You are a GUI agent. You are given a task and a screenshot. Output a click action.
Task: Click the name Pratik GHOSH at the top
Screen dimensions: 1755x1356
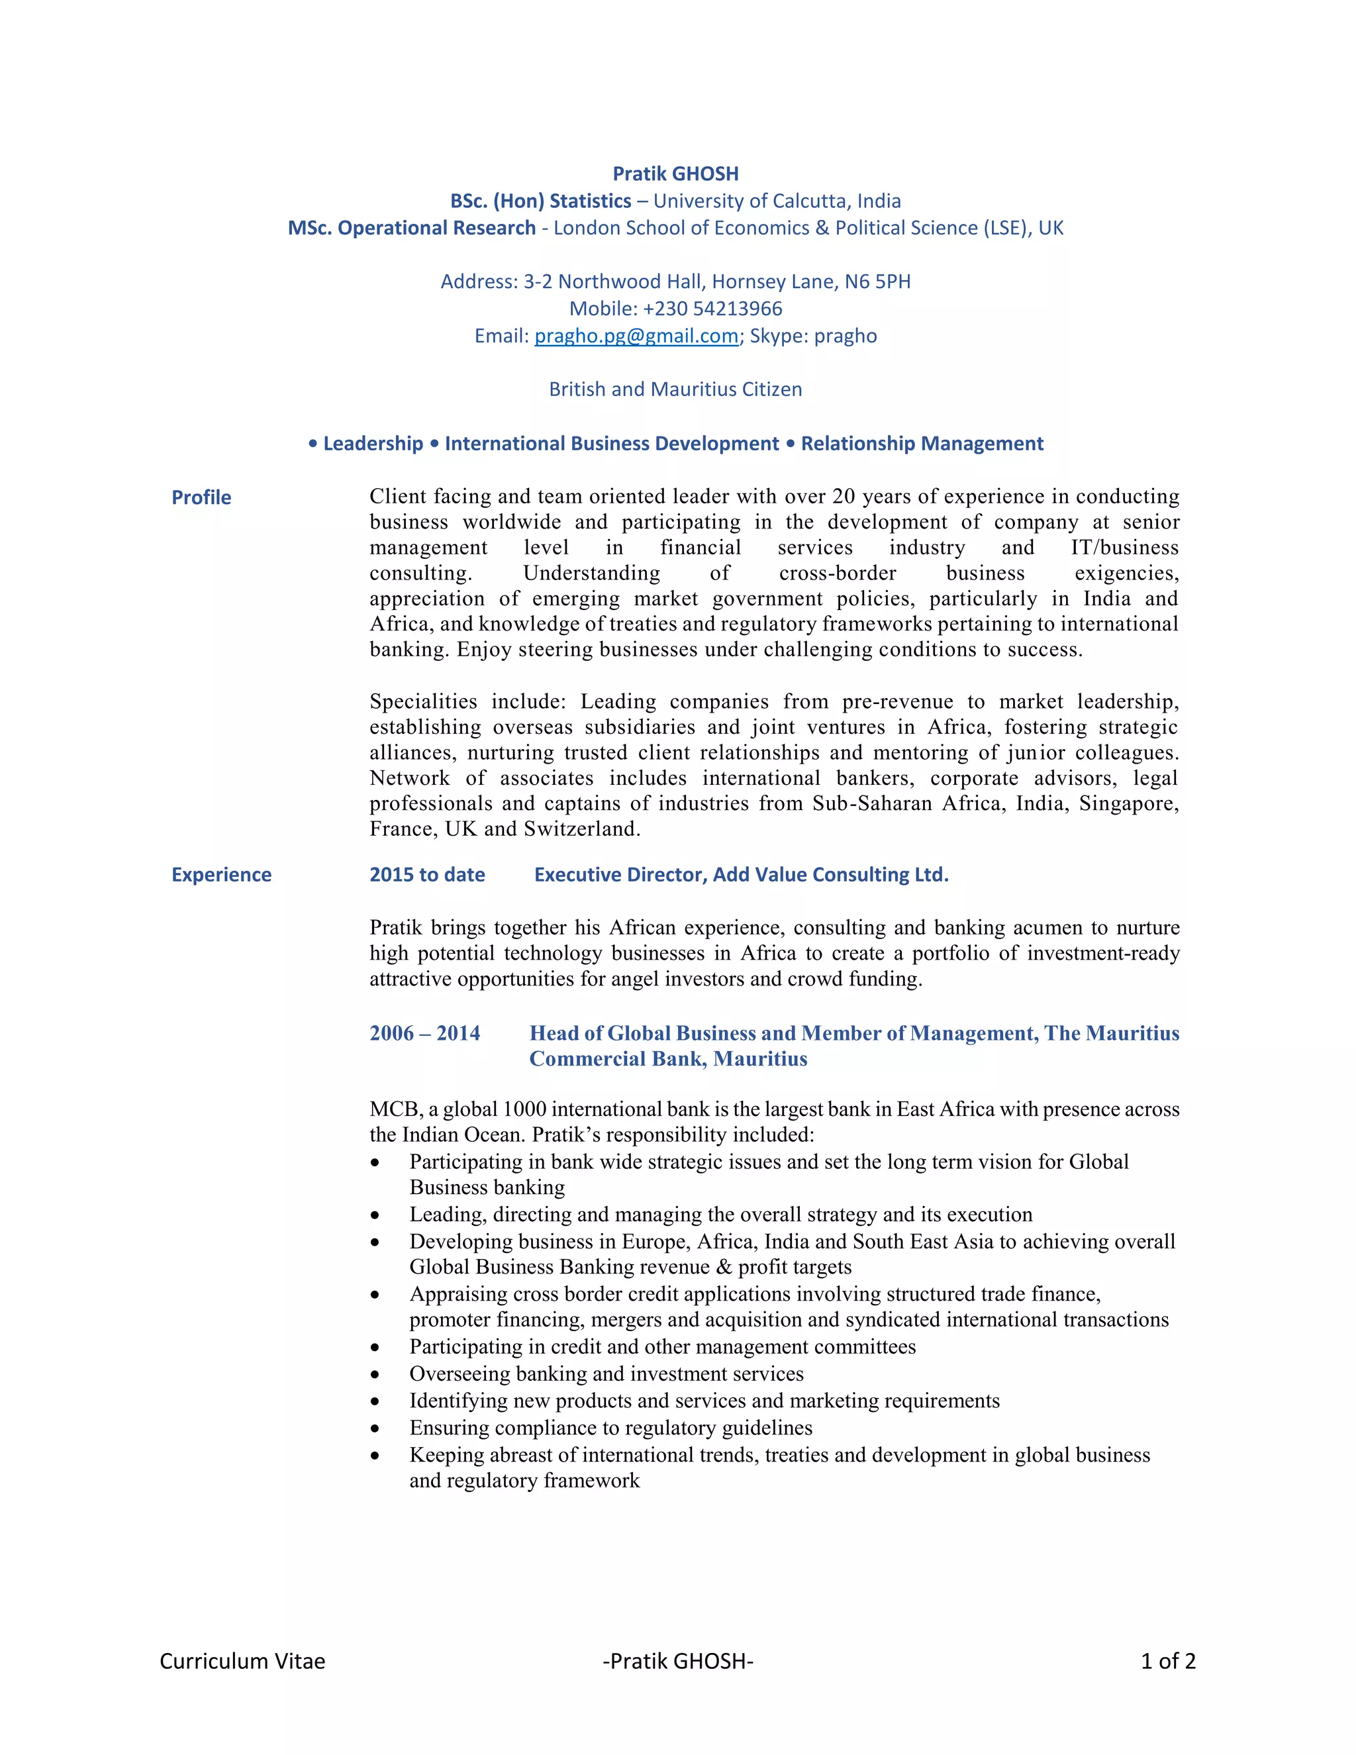pyautogui.click(x=675, y=174)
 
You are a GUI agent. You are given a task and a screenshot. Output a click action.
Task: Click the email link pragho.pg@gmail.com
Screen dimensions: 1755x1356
pyautogui.click(x=636, y=336)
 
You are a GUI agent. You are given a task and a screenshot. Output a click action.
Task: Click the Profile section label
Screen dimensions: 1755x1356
pyautogui.click(x=201, y=497)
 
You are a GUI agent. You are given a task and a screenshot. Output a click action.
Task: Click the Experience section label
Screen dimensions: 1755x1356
pyautogui.click(x=221, y=874)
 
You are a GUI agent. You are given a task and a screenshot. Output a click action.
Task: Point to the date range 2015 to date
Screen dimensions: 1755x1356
pyautogui.click(x=426, y=874)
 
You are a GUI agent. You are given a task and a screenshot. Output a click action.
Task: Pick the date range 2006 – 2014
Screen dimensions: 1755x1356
pyautogui.click(x=424, y=1033)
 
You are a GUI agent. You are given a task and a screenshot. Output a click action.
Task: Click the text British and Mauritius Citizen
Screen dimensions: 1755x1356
pyautogui.click(x=675, y=389)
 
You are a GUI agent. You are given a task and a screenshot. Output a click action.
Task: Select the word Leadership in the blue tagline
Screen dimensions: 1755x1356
pyautogui.click(x=373, y=444)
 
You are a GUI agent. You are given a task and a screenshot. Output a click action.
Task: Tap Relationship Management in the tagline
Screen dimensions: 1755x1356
pyautogui.click(x=922, y=444)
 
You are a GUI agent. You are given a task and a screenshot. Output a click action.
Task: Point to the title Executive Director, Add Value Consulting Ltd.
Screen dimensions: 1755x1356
pyautogui.click(x=741, y=874)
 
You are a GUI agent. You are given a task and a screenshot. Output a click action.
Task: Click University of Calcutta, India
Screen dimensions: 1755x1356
pyautogui.click(x=776, y=201)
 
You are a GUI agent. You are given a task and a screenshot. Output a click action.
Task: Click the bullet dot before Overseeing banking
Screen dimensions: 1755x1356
pyautogui.click(x=374, y=1375)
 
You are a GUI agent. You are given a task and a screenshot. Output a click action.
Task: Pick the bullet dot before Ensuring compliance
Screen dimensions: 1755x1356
pyautogui.click(x=374, y=1429)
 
